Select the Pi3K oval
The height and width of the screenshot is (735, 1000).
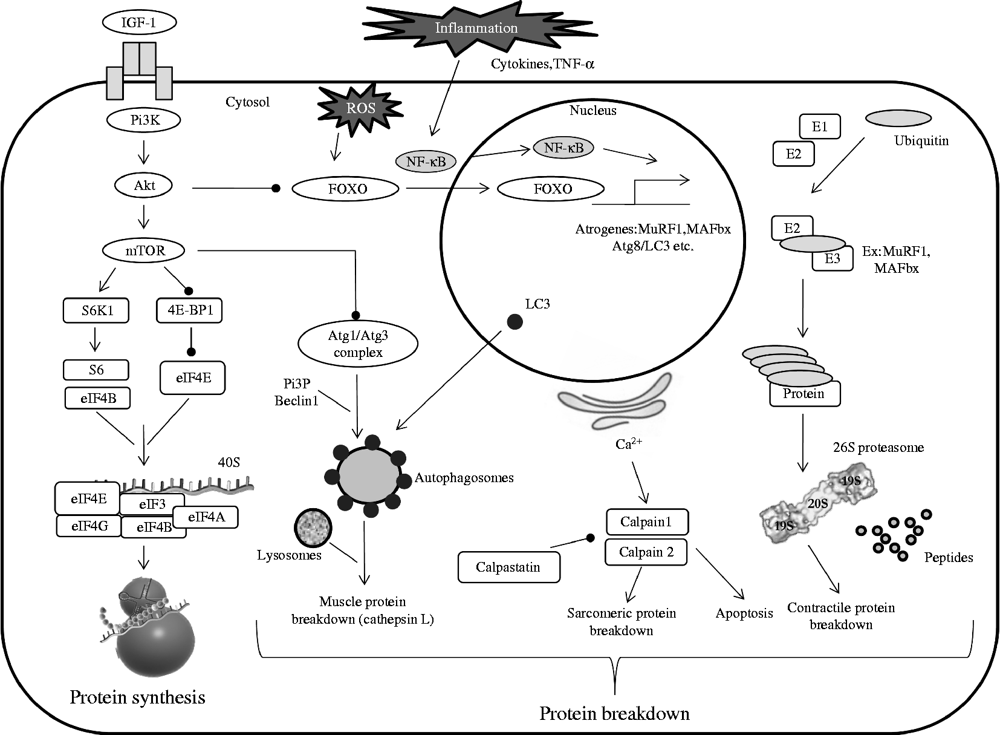[144, 120]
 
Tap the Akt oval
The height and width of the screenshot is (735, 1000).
[144, 185]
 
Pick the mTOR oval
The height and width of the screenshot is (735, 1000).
[144, 250]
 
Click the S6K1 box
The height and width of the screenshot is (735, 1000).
[97, 311]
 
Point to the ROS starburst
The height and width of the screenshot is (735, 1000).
[360, 108]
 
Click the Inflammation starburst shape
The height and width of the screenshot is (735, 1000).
[476, 28]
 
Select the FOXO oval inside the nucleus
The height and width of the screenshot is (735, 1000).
[551, 189]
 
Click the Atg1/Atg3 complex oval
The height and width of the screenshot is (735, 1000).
[358, 345]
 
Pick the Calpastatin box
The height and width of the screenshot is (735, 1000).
[508, 567]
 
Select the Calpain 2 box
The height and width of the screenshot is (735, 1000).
[646, 552]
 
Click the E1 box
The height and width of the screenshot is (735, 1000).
[819, 127]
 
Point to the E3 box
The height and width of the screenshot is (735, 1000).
[833, 258]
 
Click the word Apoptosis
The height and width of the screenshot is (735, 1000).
[744, 613]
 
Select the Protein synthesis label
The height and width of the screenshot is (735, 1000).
[137, 697]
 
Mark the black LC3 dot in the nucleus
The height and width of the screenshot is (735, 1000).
[515, 322]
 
